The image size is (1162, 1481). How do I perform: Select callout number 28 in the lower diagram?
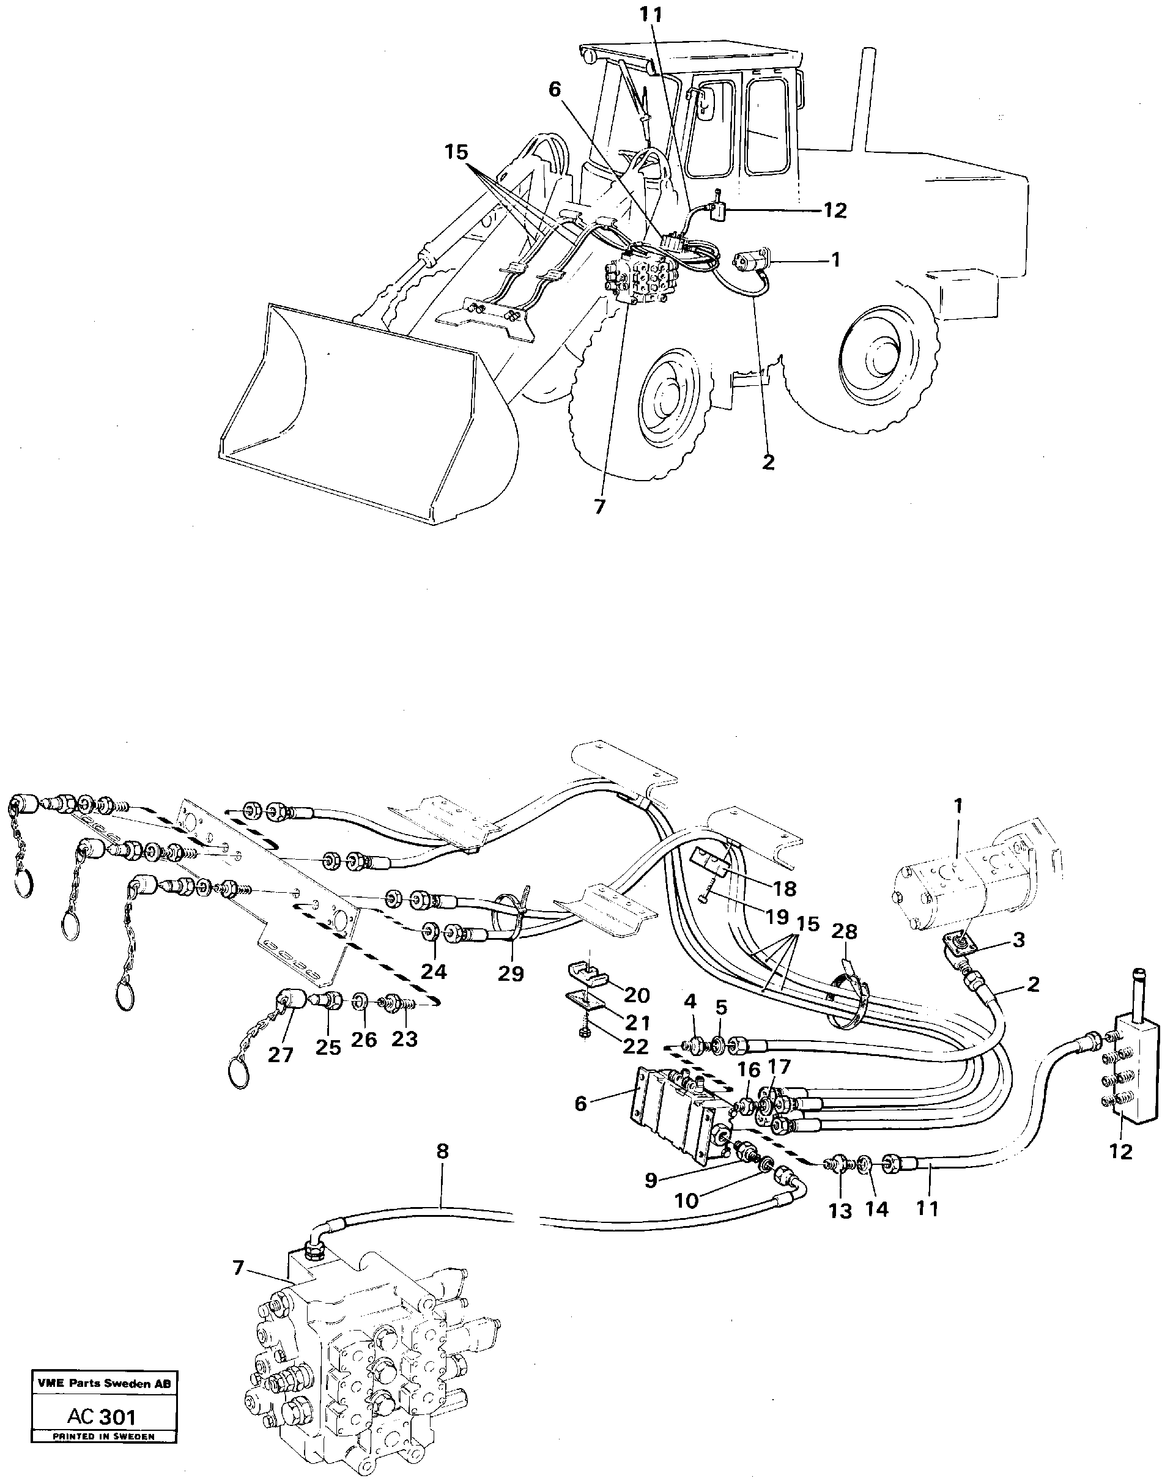point(845,931)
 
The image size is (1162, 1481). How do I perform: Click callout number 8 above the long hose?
point(443,1152)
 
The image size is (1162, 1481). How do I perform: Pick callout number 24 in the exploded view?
point(434,972)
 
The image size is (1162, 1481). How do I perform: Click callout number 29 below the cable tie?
point(510,974)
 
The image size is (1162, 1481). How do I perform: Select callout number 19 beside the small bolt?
point(776,917)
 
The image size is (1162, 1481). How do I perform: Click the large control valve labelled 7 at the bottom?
point(368,1354)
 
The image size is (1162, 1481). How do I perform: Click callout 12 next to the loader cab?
point(835,211)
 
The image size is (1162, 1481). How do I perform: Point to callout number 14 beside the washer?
point(876,1209)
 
